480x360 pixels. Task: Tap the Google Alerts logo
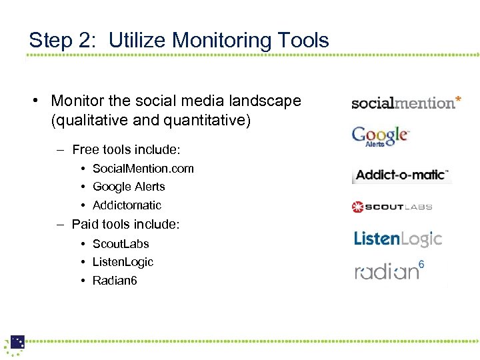[381, 136]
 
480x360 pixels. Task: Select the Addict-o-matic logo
[402, 175]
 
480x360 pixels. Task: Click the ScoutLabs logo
[392, 207]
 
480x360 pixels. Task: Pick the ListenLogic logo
[397, 239]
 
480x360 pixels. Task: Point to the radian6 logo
[389, 271]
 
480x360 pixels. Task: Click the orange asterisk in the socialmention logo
[457, 101]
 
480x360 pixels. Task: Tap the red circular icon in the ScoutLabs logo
[358, 207]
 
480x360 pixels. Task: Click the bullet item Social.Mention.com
[143, 168]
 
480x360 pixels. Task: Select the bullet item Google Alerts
[128, 187]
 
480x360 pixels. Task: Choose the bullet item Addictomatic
[127, 205]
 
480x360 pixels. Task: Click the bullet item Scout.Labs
[121, 244]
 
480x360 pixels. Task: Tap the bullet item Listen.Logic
[123, 262]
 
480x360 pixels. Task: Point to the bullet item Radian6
[115, 281]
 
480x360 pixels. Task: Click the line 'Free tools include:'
[126, 149]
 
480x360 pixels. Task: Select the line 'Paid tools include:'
[125, 225]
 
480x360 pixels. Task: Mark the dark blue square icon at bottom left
[17, 342]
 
